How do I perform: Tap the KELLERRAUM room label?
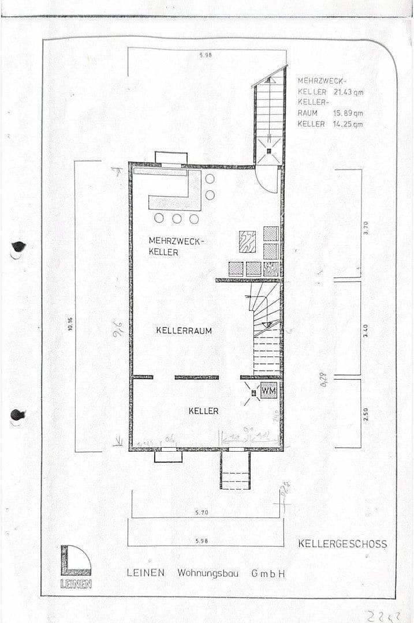tap(184, 331)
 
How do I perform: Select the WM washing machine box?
tap(268, 391)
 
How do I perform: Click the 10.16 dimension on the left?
tap(70, 325)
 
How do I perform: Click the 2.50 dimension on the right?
tap(365, 413)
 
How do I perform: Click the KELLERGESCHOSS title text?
tap(342, 544)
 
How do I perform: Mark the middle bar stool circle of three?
tap(177, 219)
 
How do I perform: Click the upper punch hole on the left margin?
tap(18, 247)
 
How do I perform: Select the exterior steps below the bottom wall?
tap(235, 470)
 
